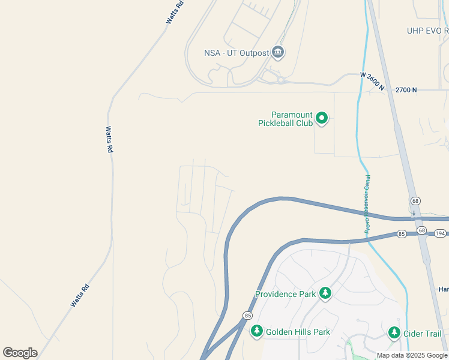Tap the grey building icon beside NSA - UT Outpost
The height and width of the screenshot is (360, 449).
click(277, 53)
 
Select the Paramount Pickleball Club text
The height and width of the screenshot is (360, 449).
click(285, 119)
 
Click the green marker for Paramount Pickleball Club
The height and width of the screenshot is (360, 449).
click(322, 118)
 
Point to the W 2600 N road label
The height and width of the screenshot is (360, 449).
click(372, 81)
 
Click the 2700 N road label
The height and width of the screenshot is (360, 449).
click(406, 90)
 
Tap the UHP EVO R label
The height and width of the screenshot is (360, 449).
click(427, 31)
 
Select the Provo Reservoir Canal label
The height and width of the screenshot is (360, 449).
click(367, 205)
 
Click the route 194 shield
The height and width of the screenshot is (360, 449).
click(440, 233)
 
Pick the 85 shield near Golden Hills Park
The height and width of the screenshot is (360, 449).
click(247, 315)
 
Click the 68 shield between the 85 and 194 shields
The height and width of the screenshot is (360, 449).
click(421, 231)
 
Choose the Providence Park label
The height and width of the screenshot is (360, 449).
click(285, 294)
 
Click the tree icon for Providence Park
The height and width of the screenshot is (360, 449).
click(325, 293)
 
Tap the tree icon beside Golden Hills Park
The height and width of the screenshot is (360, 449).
click(256, 331)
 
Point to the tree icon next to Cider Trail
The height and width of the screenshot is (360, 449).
click(394, 332)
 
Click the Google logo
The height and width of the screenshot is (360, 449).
click(20, 353)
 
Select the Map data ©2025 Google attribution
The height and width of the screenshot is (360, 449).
click(411, 356)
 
